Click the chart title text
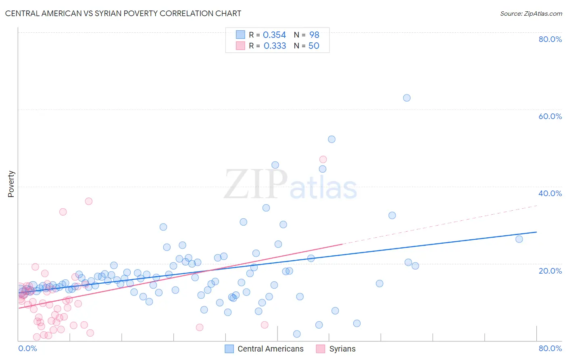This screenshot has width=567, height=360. pyautogui.click(x=123, y=13)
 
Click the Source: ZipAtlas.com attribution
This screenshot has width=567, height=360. pyautogui.click(x=531, y=13)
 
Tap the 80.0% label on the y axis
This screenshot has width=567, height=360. pyautogui.click(x=550, y=39)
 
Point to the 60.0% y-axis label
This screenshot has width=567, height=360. pyautogui.click(x=550, y=116)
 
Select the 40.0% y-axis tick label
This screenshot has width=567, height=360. pyautogui.click(x=550, y=193)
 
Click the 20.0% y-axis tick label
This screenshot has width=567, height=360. pyautogui.click(x=550, y=271)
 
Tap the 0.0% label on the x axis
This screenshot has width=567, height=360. pyautogui.click(x=27, y=348)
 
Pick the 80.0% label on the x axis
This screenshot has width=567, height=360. pyautogui.click(x=550, y=348)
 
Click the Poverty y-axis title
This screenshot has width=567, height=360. pyautogui.click(x=11, y=184)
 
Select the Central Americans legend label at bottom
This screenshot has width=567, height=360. pyautogui.click(x=270, y=349)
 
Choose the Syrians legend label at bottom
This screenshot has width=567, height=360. pyautogui.click(x=342, y=349)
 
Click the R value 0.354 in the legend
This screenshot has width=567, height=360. pyautogui.click(x=274, y=35)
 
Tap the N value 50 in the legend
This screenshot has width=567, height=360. pyautogui.click(x=314, y=46)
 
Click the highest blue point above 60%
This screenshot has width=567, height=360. pyautogui.click(x=406, y=98)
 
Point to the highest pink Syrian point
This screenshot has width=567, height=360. pyautogui.click(x=323, y=159)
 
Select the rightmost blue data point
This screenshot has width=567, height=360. pyautogui.click(x=519, y=239)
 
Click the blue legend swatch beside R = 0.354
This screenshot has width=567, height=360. pyautogui.click(x=240, y=35)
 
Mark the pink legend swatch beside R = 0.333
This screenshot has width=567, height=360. pyautogui.click(x=240, y=46)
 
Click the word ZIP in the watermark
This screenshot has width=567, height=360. pyautogui.click(x=255, y=184)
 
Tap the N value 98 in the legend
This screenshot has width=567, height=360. pyautogui.click(x=314, y=35)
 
